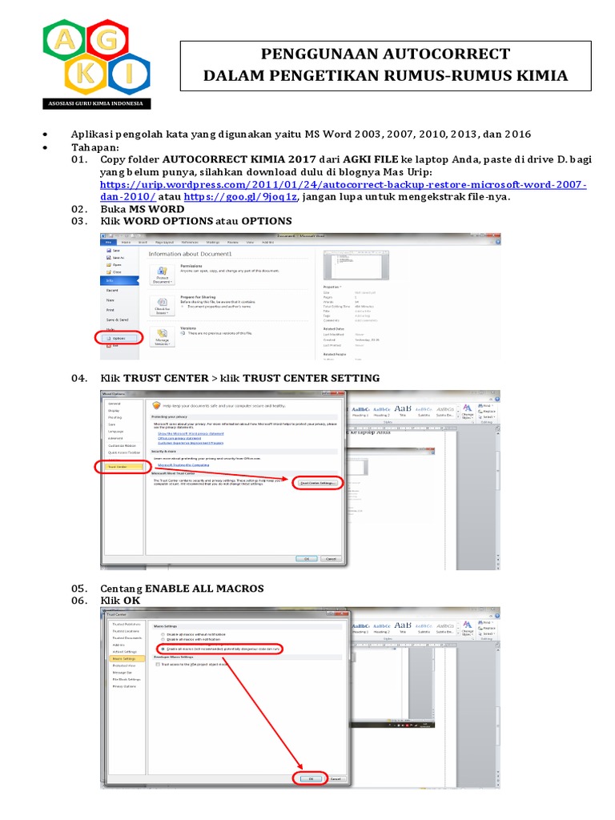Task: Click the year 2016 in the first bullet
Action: point(516,133)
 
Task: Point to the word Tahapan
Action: point(95,147)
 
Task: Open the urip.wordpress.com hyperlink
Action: point(343,184)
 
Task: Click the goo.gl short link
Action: point(240,197)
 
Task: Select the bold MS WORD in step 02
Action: point(159,209)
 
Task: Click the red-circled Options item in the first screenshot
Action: point(123,338)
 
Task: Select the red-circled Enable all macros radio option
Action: point(220,648)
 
